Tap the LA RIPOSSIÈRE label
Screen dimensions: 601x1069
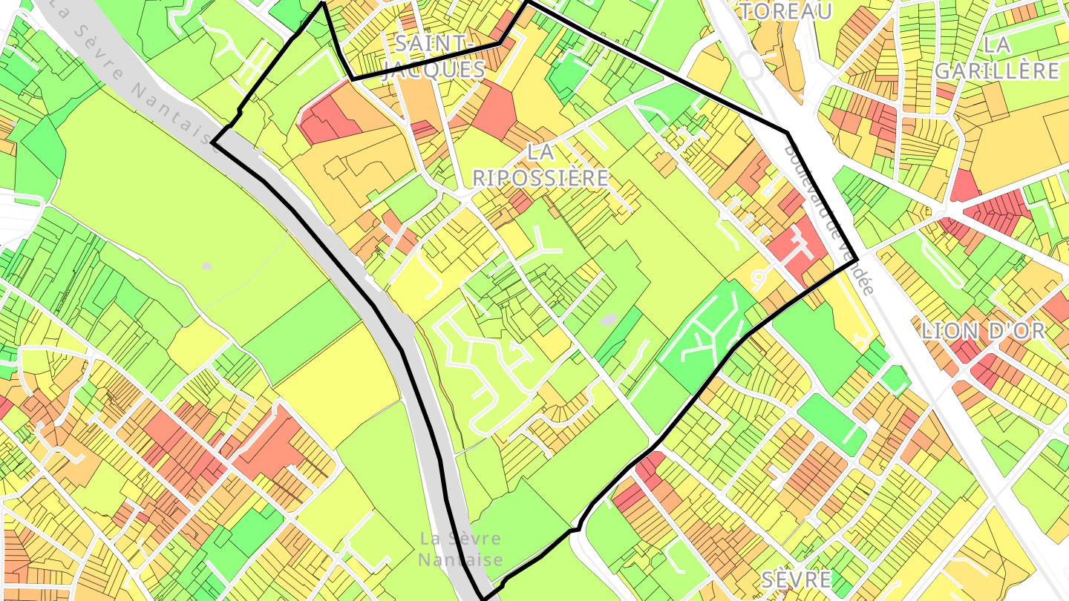click(540, 165)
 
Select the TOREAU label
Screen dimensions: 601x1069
click(785, 11)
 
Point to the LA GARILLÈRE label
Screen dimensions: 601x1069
click(996, 58)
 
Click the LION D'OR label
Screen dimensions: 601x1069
click(983, 332)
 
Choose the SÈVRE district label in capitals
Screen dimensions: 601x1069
click(797, 579)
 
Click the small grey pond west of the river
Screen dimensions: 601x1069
click(206, 266)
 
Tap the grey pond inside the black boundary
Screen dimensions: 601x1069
click(608, 320)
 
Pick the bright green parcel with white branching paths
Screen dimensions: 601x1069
click(702, 334)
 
